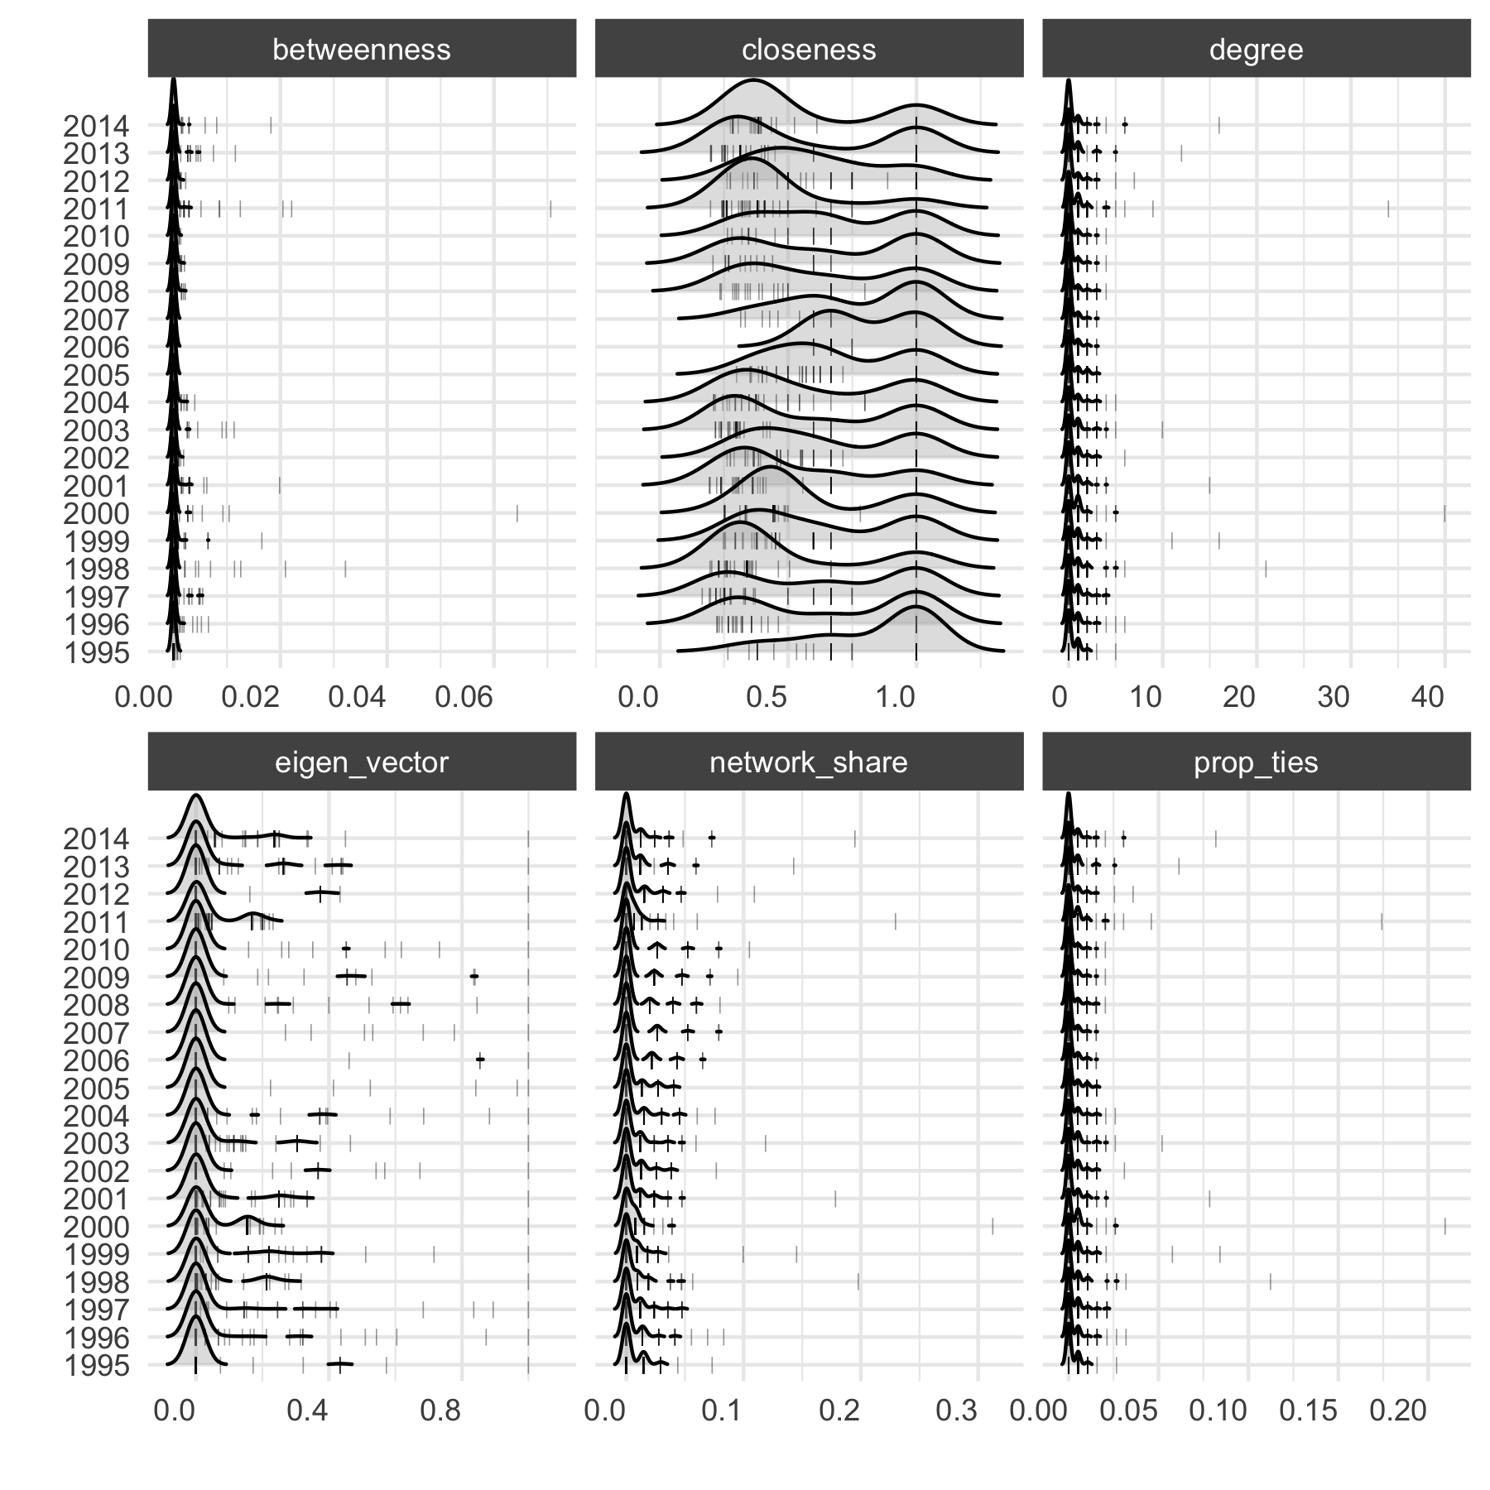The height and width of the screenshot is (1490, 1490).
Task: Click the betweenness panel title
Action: [362, 50]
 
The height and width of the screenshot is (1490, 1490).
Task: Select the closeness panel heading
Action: [809, 50]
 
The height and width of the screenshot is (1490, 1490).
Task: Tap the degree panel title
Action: [1256, 50]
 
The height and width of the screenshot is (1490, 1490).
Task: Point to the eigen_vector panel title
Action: [362, 762]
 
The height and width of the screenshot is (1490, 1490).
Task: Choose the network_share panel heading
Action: [809, 762]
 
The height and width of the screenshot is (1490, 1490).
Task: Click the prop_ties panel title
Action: [1256, 762]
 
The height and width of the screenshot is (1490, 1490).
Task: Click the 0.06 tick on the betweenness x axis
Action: [464, 697]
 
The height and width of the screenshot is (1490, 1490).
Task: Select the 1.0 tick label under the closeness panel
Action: [896, 697]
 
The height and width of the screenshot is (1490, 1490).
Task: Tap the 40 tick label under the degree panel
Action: [1428, 697]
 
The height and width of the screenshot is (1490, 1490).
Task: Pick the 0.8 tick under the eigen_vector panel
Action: [440, 1410]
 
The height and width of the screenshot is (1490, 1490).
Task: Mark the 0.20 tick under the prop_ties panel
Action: [1398, 1410]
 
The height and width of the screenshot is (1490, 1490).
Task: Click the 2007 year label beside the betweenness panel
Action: [97, 320]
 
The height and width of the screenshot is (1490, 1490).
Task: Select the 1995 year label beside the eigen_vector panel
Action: [97, 1365]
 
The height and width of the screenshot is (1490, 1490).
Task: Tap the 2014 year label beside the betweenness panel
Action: [97, 126]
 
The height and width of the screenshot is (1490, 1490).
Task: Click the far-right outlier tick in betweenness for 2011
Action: [550, 209]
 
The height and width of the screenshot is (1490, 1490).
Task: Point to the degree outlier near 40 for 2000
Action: [1444, 513]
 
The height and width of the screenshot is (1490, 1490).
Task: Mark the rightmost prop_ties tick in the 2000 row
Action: [1445, 1226]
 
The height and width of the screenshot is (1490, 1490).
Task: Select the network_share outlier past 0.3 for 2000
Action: [992, 1226]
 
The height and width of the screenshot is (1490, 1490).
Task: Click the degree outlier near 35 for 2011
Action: [1388, 209]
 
